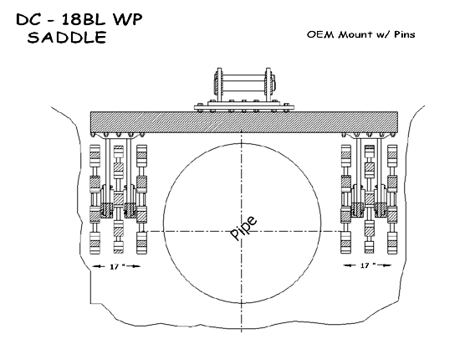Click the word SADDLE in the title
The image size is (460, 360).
tap(67, 38)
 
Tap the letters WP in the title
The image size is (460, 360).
tap(128, 19)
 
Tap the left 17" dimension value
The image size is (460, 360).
tap(117, 266)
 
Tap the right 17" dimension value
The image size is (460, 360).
tap(368, 265)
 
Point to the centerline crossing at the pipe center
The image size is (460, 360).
tap(242, 231)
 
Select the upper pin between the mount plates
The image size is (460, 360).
tap(243, 79)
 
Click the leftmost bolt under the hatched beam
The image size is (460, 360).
tap(94, 135)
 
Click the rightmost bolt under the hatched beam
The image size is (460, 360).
tap(394, 135)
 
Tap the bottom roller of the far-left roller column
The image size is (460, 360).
tap(95, 243)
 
